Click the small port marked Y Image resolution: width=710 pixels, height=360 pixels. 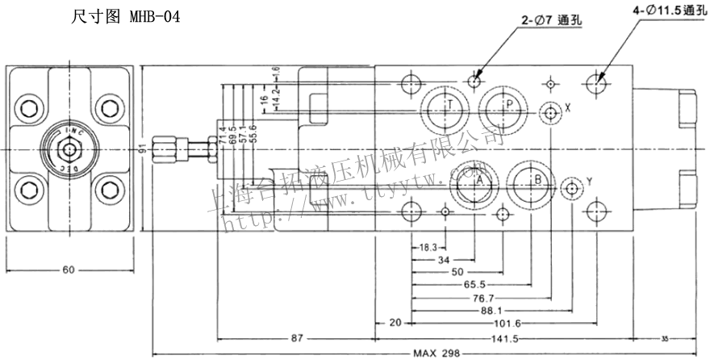(572, 188)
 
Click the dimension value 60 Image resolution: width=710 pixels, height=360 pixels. (69, 270)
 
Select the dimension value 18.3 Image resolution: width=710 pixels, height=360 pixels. (428, 247)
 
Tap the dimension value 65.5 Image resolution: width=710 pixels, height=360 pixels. (474, 285)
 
